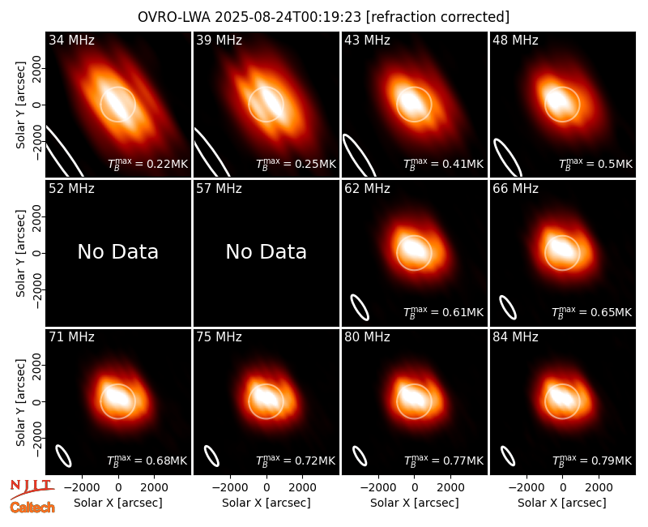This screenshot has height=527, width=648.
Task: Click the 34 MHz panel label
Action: pyautogui.click(x=71, y=40)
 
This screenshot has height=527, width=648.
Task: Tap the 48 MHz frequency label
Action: pyautogui.click(x=515, y=40)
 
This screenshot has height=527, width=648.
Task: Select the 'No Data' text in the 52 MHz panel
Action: pyautogui.click(x=118, y=251)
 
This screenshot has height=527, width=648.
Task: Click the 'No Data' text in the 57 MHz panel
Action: pyautogui.click(x=266, y=251)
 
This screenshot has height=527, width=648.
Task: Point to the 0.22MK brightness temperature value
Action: pyautogui.click(x=147, y=164)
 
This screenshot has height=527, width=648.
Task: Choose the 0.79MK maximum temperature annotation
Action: pyautogui.click(x=592, y=460)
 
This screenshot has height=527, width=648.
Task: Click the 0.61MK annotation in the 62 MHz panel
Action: pyautogui.click(x=444, y=312)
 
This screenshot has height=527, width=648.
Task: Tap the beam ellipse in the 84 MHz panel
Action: pyautogui.click(x=508, y=456)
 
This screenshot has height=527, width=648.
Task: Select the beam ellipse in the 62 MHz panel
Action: pyautogui.click(x=360, y=307)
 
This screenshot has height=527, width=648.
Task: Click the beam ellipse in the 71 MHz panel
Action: pyautogui.click(x=64, y=456)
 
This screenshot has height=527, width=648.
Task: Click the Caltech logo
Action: pyautogui.click(x=32, y=508)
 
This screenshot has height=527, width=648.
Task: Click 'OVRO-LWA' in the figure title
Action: pyautogui.click(x=174, y=17)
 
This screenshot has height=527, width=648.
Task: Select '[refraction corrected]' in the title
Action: pyautogui.click(x=437, y=17)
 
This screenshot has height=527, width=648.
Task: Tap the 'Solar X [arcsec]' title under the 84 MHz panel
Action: pyautogui.click(x=562, y=503)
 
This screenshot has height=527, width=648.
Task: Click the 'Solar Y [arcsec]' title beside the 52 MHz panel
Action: pyautogui.click(x=20, y=253)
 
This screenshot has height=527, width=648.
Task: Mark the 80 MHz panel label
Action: pyautogui.click(x=368, y=336)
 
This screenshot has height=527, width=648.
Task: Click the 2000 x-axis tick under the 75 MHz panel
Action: pyautogui.click(x=302, y=487)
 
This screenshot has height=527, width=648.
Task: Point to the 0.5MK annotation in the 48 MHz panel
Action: pyautogui.click(x=596, y=164)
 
